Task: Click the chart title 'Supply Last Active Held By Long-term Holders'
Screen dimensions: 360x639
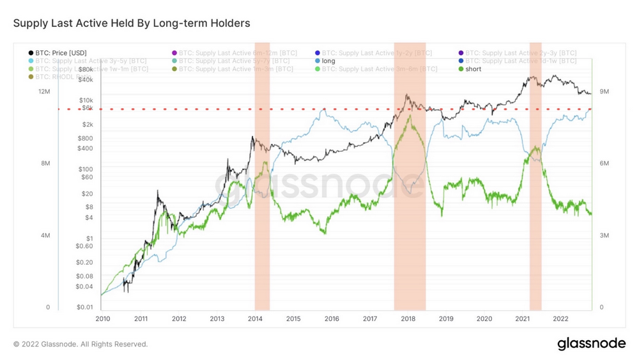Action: tap(132, 23)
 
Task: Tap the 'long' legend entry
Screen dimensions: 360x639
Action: tap(328, 61)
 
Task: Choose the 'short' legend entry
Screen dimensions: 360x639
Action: tap(473, 69)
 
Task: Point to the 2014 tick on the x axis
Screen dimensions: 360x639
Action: tap(255, 318)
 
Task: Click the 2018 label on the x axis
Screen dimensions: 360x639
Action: tap(408, 318)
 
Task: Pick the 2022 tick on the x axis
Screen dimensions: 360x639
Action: tap(560, 318)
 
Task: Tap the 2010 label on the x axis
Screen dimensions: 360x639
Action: tap(102, 318)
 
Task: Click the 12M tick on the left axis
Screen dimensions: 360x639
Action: tap(44, 92)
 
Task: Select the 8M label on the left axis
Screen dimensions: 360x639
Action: tap(45, 164)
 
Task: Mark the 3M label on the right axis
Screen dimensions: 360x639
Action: tap(604, 236)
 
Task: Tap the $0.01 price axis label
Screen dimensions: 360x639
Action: tap(84, 308)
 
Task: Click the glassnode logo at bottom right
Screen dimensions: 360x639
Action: tap(591, 344)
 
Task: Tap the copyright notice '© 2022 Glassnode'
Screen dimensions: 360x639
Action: tap(81, 344)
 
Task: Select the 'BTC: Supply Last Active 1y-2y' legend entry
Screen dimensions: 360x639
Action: tap(377, 52)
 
